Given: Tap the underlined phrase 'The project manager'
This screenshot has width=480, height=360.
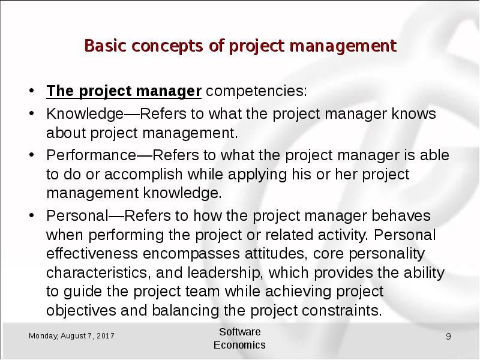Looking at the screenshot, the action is (124, 91).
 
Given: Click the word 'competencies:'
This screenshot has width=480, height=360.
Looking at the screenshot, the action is (256, 91).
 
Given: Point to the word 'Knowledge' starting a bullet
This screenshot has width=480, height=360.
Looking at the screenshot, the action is (85, 114).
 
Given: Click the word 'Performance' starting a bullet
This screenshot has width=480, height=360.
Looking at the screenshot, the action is (91, 155).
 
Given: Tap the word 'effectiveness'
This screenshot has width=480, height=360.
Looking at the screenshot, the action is (92, 253).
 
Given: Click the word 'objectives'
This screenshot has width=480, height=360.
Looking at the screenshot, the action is (81, 310).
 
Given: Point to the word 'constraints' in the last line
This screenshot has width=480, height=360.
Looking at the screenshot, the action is (341, 310).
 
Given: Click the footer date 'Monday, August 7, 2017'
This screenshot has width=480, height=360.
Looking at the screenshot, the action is (71, 336).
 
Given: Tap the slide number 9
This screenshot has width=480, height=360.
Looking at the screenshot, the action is (448, 337).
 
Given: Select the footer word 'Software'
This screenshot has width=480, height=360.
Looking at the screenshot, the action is (239, 332).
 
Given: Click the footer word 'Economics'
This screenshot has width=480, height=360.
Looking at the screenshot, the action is (239, 345).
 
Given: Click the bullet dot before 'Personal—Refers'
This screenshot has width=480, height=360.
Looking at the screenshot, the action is (31, 215).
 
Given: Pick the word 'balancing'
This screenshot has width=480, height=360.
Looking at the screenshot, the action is (185, 311).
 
